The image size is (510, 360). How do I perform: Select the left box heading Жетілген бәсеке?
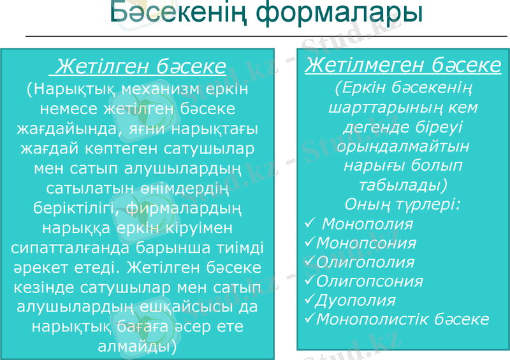click(141, 66)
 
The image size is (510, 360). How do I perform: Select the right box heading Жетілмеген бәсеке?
click(403, 66)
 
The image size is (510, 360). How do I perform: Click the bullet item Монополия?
click(367, 224)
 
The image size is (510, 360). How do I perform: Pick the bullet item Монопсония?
click(367, 243)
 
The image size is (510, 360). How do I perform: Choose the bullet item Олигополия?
click(365, 263)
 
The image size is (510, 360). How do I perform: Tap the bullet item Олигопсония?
click(370, 281)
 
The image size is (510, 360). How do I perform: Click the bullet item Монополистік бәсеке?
click(403, 319)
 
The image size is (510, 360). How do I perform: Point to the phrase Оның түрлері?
click(403, 205)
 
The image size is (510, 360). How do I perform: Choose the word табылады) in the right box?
click(403, 185)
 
